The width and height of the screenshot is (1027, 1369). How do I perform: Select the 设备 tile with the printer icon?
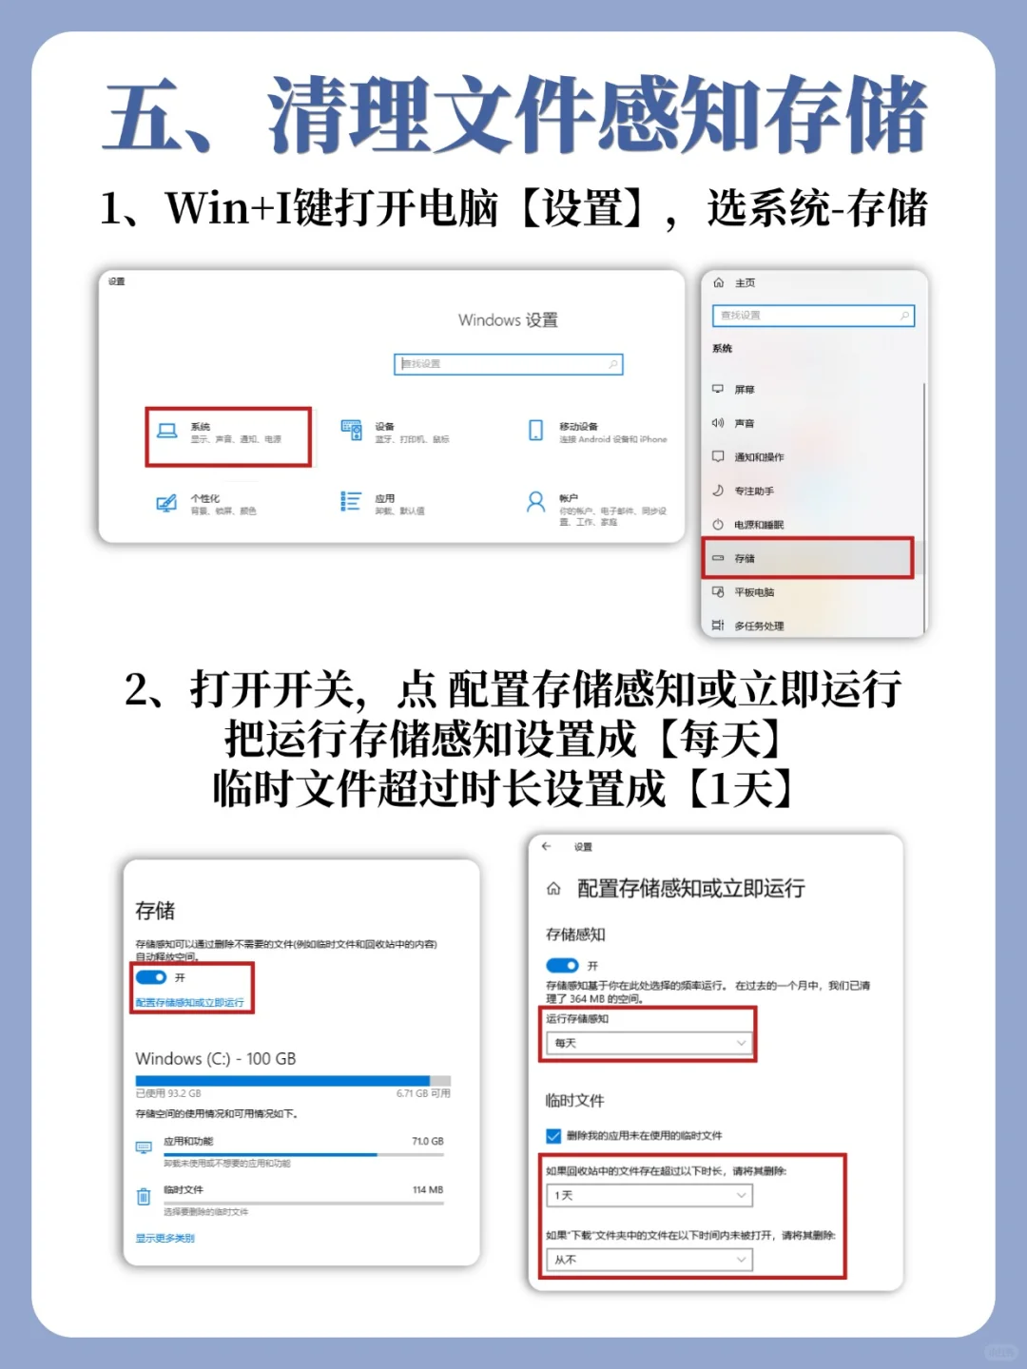(x=352, y=431)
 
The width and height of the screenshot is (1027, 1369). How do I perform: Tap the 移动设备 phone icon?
(x=536, y=431)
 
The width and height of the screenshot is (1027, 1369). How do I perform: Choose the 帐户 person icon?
(x=536, y=502)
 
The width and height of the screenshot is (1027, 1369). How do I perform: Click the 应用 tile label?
(x=385, y=499)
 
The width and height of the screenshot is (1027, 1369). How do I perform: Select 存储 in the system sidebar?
(x=745, y=559)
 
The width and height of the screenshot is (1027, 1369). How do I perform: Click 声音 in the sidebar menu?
(x=745, y=424)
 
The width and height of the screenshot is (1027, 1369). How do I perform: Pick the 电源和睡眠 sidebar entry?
(x=759, y=525)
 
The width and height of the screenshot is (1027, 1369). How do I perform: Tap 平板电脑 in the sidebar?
(x=754, y=592)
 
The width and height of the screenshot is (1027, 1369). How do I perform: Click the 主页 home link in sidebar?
(x=745, y=283)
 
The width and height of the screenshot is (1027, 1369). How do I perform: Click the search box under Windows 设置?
(x=508, y=364)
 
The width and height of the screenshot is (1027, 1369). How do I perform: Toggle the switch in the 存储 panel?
(x=151, y=977)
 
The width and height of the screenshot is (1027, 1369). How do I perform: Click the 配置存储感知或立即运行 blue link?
(x=189, y=1003)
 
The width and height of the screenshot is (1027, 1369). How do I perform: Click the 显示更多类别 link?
(x=165, y=1239)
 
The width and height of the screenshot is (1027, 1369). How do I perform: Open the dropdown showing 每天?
(x=649, y=1044)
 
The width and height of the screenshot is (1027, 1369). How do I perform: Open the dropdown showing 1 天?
(x=649, y=1196)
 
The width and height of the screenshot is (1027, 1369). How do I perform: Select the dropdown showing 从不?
(x=649, y=1260)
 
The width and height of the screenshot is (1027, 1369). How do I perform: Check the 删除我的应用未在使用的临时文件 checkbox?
(x=553, y=1136)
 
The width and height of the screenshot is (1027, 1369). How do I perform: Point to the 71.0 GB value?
(x=427, y=1142)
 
